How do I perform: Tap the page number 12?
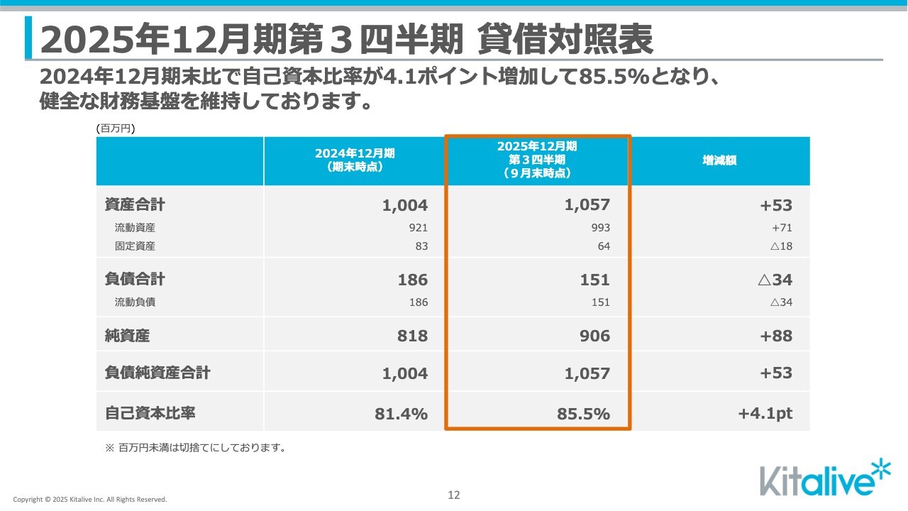point(454,495)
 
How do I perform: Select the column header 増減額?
point(719,161)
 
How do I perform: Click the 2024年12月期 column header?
point(355,161)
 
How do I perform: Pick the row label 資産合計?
point(135,205)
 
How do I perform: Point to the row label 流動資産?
point(135,228)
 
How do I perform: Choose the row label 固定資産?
point(135,246)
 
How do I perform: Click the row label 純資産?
point(127,336)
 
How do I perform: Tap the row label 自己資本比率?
point(150,413)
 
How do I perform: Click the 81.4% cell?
point(402,414)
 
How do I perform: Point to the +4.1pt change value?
point(765,414)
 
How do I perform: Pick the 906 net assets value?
point(594,336)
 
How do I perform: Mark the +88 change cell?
point(776,336)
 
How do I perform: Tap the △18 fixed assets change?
point(780,246)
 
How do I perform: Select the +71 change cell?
point(781,228)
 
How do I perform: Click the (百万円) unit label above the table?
point(115,128)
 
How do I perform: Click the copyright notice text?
point(90,500)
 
